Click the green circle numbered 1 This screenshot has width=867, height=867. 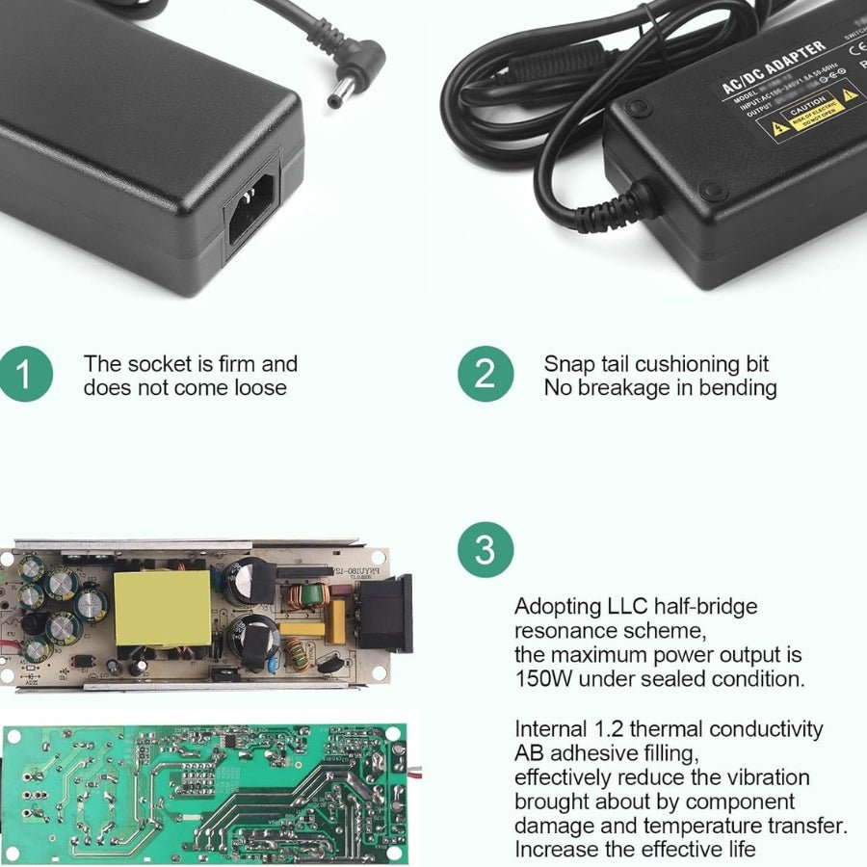[x=26, y=375]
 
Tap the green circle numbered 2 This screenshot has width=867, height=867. [x=486, y=375]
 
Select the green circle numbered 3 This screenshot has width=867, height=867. [x=486, y=550]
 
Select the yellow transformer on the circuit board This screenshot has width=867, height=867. [x=162, y=608]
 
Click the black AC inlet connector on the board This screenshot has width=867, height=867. [x=386, y=613]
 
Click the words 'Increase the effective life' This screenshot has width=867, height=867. [x=635, y=850]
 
